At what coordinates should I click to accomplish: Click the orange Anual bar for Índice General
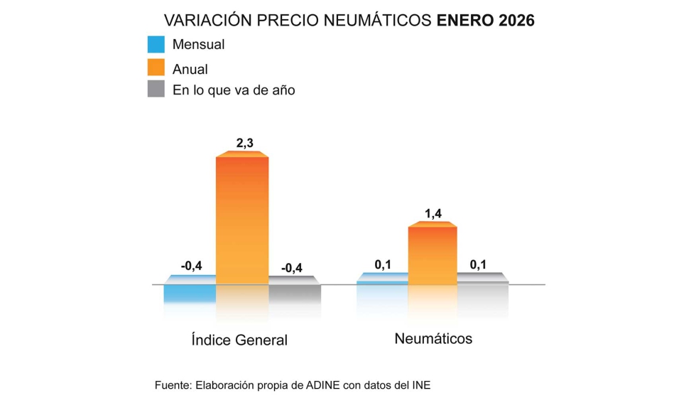click(x=242, y=220)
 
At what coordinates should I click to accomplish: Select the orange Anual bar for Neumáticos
click(x=432, y=255)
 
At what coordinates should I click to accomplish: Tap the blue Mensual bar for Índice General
click(x=190, y=292)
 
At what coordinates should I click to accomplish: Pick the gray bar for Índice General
click(x=295, y=292)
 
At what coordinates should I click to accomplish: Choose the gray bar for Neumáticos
click(x=483, y=279)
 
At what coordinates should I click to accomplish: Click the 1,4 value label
click(x=433, y=213)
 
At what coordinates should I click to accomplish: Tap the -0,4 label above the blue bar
click(x=191, y=267)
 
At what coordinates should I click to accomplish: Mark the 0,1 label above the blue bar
click(x=383, y=265)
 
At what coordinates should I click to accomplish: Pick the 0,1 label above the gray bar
click(x=479, y=265)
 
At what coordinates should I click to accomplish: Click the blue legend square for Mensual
click(x=156, y=45)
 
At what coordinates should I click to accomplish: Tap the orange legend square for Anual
click(x=156, y=68)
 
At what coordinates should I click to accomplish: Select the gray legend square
click(x=156, y=90)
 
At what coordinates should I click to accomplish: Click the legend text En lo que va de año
click(x=234, y=90)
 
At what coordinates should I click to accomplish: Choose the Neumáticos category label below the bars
click(x=433, y=338)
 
